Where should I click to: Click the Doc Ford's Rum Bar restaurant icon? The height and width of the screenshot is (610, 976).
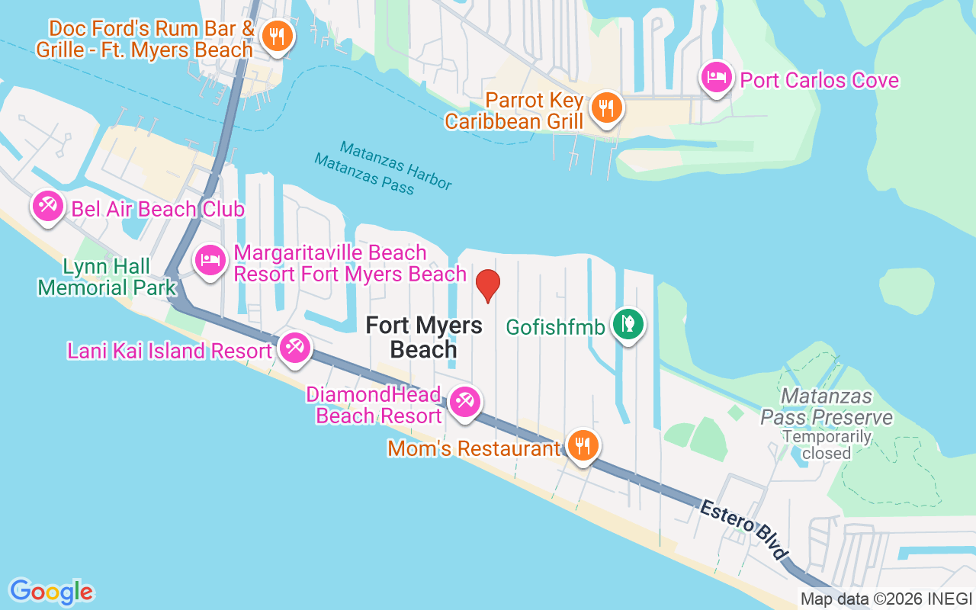click(x=277, y=35)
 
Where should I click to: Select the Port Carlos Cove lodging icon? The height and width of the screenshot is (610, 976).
click(x=717, y=76)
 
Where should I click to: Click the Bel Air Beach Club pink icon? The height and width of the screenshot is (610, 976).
click(x=48, y=206)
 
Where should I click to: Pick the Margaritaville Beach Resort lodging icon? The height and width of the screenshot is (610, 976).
click(x=210, y=260)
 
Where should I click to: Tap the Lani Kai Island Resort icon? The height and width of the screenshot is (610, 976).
click(x=293, y=348)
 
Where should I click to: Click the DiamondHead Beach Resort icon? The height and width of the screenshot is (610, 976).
click(x=464, y=401)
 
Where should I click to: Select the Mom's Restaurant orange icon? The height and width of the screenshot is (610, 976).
click(x=583, y=445)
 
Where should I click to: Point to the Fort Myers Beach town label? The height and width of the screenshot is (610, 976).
click(x=423, y=337)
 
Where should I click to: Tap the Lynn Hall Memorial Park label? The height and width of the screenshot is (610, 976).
click(x=107, y=277)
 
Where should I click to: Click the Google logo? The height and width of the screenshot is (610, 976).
click(x=51, y=591)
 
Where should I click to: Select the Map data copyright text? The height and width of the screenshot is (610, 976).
click(x=886, y=599)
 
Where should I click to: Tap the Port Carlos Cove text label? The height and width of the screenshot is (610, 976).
click(x=820, y=80)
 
